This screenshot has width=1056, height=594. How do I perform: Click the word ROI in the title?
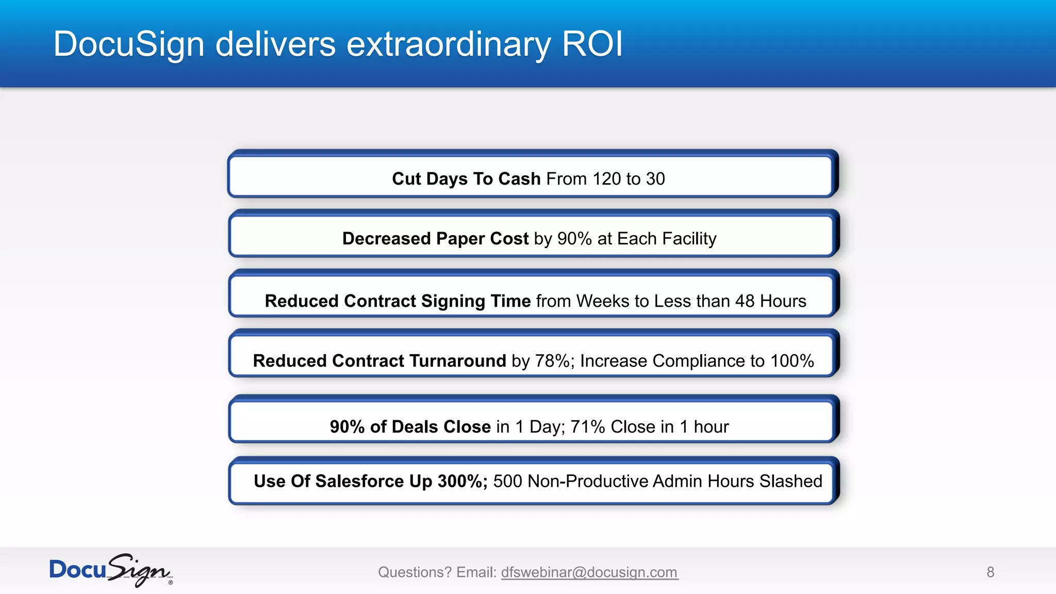[x=592, y=44]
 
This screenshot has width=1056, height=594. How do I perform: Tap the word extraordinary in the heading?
[x=448, y=45]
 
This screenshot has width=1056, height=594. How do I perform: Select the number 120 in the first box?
[x=606, y=179]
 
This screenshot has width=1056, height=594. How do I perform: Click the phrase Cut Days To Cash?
[x=466, y=179]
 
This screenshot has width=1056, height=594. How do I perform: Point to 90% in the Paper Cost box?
[x=574, y=239]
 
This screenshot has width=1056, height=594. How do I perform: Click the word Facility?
[x=689, y=239]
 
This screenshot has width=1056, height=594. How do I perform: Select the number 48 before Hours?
[x=745, y=301]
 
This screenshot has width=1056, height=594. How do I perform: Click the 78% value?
[x=552, y=361]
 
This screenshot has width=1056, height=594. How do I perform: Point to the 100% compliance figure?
[x=791, y=361]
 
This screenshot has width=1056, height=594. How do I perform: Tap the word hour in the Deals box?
[x=711, y=427]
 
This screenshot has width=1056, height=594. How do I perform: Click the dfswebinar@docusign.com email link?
[x=589, y=572]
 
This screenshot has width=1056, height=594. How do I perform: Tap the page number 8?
[x=990, y=572]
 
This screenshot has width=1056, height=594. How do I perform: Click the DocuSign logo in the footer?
[x=110, y=570]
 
